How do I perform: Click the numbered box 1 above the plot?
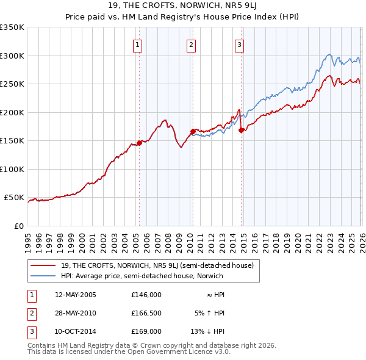point(138,45)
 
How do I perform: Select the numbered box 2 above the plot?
point(191,45)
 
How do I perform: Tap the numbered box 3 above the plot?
point(239,45)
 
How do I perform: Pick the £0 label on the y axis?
point(18,226)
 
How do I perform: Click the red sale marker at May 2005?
point(139,143)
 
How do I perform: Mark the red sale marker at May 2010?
point(193,131)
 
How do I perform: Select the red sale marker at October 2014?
point(242,130)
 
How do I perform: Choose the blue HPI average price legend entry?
point(142,276)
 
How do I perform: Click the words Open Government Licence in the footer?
point(183,352)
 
